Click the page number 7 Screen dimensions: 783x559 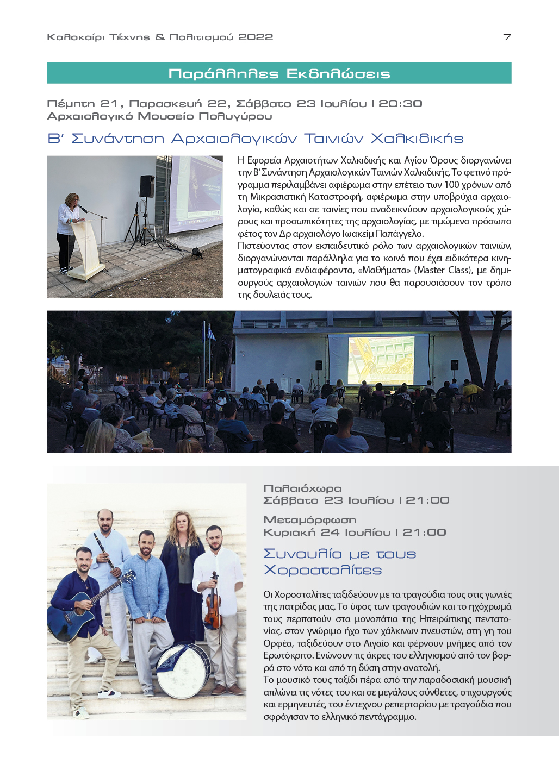pos(507,37)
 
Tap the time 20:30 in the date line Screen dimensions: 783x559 pos(400,104)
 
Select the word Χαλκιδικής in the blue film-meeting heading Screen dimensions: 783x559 pos(417,139)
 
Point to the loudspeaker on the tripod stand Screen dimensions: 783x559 pos(147,186)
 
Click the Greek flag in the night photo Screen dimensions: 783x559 pos(210,331)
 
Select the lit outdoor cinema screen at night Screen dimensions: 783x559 pos(381,360)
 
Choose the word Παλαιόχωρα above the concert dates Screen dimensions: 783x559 pos(302,488)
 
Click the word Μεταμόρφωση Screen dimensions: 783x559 pos(309,520)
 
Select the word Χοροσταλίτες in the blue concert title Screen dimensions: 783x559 pos(322,570)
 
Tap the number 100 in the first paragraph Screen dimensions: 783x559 pos(451,185)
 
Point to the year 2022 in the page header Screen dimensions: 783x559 pos(256,37)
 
